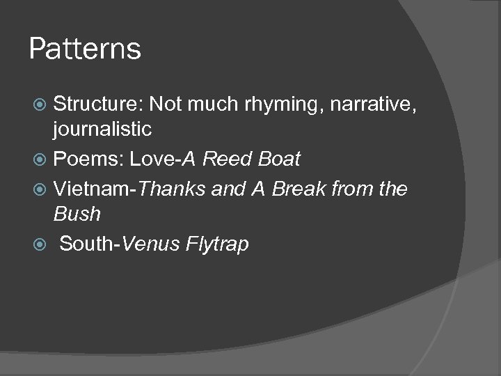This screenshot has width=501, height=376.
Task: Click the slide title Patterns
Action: tap(86, 49)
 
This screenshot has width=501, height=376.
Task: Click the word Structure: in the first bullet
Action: tap(98, 104)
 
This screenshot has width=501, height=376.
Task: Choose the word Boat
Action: tap(278, 159)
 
